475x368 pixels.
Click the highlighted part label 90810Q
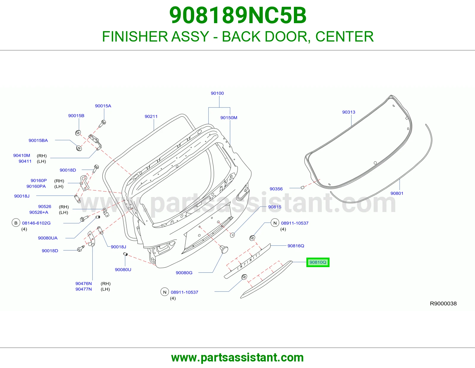318,262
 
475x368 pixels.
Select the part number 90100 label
217,93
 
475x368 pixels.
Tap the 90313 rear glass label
349,112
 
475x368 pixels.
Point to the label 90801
397,193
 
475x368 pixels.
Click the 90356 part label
276,189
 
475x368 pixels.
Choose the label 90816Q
296,246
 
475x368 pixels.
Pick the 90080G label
184,273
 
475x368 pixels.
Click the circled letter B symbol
16,223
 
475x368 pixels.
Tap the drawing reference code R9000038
443,304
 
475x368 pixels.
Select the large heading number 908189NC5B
238,15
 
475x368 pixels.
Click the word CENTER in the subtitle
344,37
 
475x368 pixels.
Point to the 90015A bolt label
103,106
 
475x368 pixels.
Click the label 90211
151,116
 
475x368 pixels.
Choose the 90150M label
229,118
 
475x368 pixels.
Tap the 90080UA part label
48,238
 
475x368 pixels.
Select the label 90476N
83,283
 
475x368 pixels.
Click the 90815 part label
275,207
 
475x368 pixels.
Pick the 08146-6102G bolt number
36,223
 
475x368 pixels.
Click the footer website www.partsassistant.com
237,358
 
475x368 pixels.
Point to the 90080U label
123,270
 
